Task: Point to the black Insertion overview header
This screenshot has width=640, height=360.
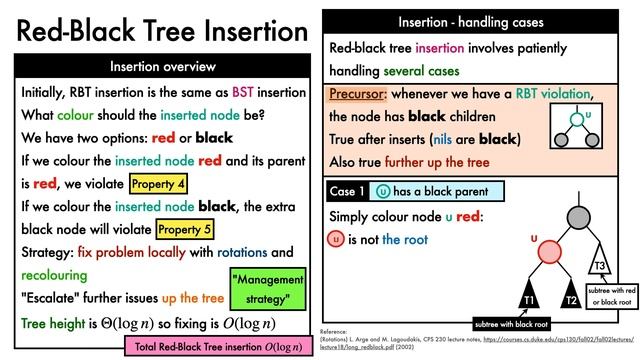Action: coord(162,67)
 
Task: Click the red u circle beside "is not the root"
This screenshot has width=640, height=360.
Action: coord(337,240)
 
